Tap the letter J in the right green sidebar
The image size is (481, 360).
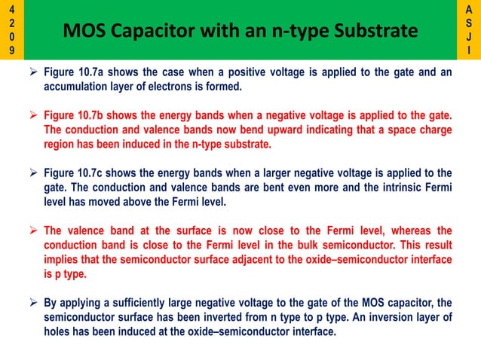[470, 37]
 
